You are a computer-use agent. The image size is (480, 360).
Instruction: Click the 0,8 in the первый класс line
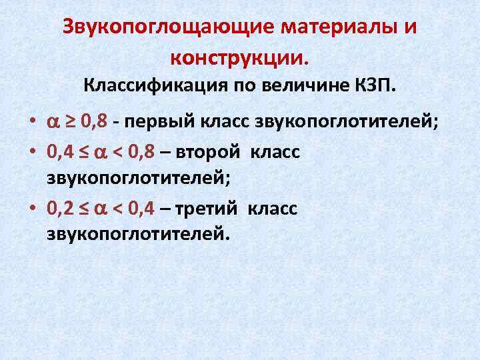[94, 123]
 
